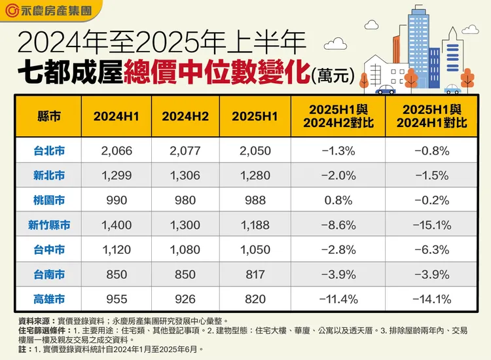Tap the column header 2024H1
pyautogui.click(x=117, y=117)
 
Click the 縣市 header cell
pyautogui.click(x=49, y=117)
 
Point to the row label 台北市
pyautogui.click(x=49, y=151)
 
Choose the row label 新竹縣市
pyautogui.click(x=49, y=225)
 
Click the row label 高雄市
pyautogui.click(x=49, y=299)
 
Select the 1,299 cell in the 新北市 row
pyautogui.click(x=117, y=175)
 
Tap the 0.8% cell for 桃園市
pyautogui.click(x=338, y=200)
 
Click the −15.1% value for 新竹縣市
pyautogui.click(x=431, y=225)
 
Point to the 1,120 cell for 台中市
pyautogui.click(x=117, y=250)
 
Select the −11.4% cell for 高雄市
pyautogui.click(x=338, y=299)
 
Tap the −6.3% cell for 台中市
pyautogui.click(x=431, y=250)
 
